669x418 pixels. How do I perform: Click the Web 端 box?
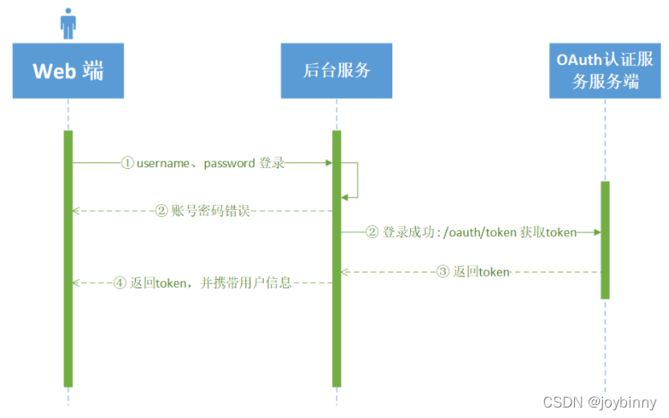pos(68,71)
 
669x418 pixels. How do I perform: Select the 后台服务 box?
pos(336,71)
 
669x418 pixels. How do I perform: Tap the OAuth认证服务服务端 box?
pos(605,71)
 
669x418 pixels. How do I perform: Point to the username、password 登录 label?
pos(203,163)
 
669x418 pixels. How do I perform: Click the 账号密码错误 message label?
pos(203,211)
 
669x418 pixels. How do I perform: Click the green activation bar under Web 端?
pos(68,257)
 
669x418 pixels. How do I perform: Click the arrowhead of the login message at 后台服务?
pos(328,163)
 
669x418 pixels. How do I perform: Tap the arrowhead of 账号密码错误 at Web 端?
pos(76,211)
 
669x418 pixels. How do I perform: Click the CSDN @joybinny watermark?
pos(600,402)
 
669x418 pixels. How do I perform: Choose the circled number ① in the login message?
pos(127,163)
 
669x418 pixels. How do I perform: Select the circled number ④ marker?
pos(120,283)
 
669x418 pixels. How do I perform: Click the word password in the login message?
pos(229,163)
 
